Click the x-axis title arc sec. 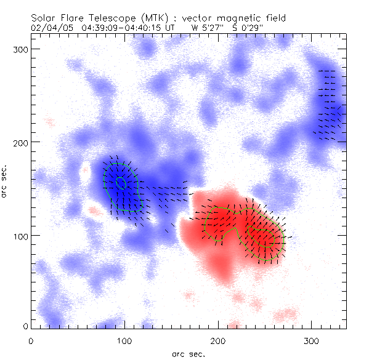coord(187,354)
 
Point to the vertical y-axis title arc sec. coord(6,181)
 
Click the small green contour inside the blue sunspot coord(121,182)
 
